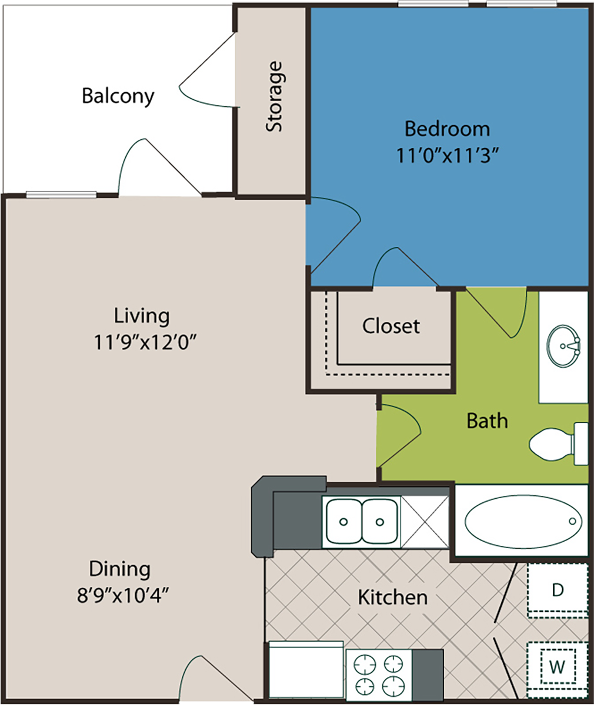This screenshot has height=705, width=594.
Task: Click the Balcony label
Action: (118, 96)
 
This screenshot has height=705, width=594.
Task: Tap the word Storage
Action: (274, 96)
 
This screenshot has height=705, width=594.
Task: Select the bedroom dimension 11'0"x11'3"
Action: (448, 156)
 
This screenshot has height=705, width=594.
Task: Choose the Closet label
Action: (391, 326)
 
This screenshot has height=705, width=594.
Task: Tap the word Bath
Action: (487, 421)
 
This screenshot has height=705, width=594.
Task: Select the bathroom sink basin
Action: (563, 346)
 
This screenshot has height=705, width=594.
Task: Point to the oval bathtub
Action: (523, 522)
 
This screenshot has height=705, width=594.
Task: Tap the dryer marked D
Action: (557, 589)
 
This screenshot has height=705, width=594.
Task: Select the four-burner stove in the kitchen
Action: (379, 673)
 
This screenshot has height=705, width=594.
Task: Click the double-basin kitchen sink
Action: (362, 521)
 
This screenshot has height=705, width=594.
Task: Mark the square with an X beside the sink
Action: (425, 521)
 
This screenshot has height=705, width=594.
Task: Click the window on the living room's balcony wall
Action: (61, 194)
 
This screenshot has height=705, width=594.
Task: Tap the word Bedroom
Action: (448, 129)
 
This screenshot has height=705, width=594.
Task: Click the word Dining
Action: (119, 569)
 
